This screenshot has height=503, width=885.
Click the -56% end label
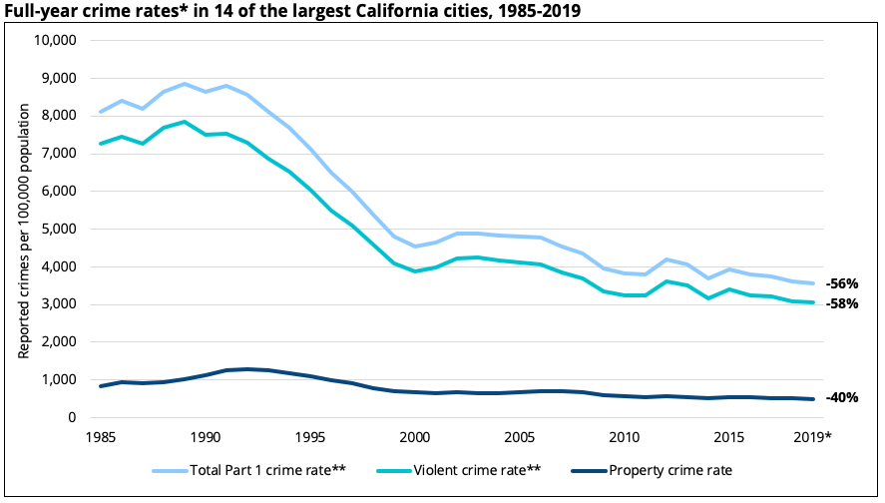coord(842,283)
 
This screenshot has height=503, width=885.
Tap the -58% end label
coord(842,303)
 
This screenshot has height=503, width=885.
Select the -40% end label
coord(842,397)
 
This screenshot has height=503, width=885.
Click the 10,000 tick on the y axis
coord(56,40)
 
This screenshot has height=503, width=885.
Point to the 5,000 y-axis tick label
coord(59,229)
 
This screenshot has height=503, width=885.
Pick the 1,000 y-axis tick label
coord(59,379)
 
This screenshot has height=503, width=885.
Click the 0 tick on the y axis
coord(73,417)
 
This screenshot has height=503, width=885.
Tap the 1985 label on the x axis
coord(101,437)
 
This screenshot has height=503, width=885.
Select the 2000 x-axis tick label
coord(413,437)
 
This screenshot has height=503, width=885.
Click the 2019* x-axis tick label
coord(812,437)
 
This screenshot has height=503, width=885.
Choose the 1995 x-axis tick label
coord(309,437)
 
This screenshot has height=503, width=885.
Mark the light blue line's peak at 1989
coord(185,84)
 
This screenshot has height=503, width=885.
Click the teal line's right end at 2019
coord(812,302)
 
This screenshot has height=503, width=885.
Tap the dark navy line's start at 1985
coord(101,386)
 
